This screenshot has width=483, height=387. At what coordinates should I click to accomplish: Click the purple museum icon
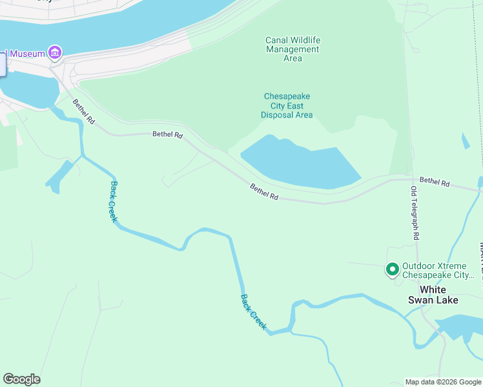coord(55,52)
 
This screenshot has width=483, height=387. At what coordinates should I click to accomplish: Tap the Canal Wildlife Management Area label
coord(293,49)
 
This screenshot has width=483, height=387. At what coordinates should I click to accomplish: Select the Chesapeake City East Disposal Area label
coord(287,106)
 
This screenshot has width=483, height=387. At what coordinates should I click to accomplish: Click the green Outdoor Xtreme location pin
coord(392,269)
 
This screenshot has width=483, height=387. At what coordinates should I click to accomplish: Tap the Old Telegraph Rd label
coord(414,213)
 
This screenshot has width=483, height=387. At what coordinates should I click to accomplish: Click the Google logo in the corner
coord(21,379)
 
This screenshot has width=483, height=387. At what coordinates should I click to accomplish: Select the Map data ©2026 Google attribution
coord(444,382)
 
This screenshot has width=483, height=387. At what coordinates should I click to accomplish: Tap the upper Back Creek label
coord(114,201)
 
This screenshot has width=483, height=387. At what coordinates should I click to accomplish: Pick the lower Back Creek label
coord(253,312)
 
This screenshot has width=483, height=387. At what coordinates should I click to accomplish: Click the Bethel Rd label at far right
coord(435,183)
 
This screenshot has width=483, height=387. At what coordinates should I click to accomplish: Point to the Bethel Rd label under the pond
coord(264,192)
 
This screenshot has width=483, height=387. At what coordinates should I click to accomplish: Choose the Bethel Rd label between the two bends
coord(168,135)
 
